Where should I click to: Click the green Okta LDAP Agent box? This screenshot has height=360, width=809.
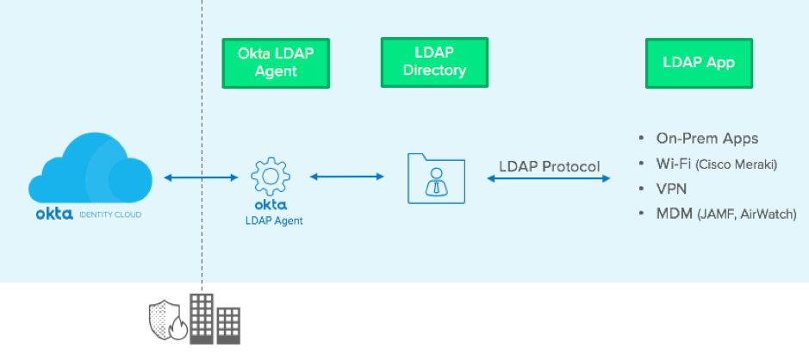coord(276,63)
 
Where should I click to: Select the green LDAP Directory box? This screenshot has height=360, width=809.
coord(434,62)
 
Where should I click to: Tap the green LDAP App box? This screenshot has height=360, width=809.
coord(698,63)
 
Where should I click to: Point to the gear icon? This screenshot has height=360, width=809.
coord(270,176)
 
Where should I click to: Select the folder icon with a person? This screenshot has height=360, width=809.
coord(434,178)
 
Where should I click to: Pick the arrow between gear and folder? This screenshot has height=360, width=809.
coord(347,177)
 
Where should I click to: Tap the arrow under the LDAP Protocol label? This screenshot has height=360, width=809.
coord(549,178)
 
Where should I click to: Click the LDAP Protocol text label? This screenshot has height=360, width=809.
coord(549,166)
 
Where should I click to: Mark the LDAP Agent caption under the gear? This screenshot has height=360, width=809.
coord(270,220)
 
